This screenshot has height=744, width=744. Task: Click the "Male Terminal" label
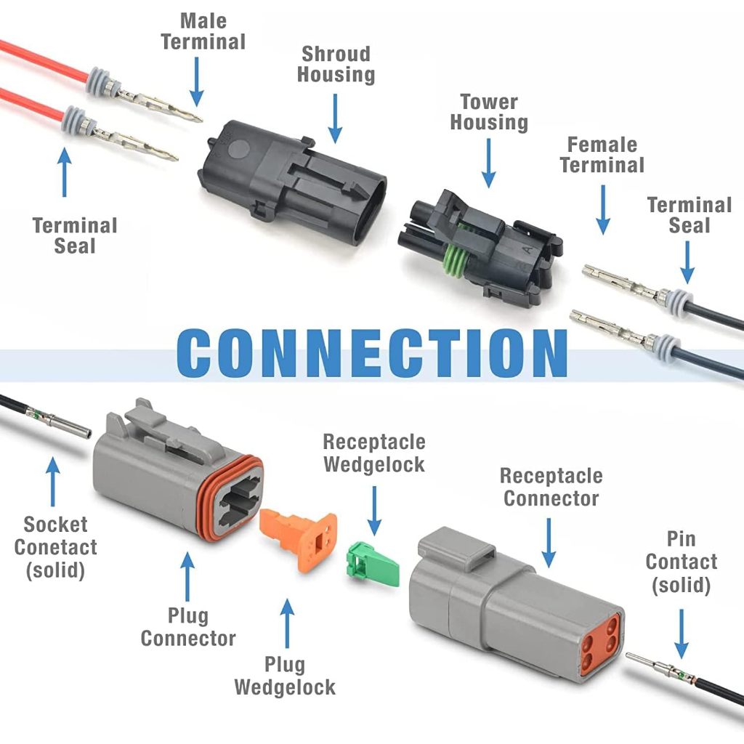click(203, 31)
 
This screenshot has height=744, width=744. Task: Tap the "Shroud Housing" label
click(336, 65)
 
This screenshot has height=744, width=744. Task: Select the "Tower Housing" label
click(489, 112)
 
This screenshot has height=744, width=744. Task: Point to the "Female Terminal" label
click(602, 155)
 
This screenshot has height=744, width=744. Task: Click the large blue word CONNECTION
click(372, 352)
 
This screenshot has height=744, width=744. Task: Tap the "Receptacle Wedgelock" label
click(374, 453)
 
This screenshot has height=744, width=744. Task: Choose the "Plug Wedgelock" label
click(285, 676)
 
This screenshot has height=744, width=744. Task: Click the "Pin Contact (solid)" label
click(682, 562)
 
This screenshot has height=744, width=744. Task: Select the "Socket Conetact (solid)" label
click(55, 548)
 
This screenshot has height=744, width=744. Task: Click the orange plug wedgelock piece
click(299, 539)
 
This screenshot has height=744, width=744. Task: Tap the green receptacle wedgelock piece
click(373, 564)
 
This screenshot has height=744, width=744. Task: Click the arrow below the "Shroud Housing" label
click(336, 118)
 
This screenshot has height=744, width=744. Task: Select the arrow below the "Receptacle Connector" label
click(549, 543)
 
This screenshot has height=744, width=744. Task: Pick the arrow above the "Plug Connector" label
click(187, 576)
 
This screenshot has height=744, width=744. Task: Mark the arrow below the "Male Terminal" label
click(196, 82)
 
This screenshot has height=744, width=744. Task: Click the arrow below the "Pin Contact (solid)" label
click(682, 634)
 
